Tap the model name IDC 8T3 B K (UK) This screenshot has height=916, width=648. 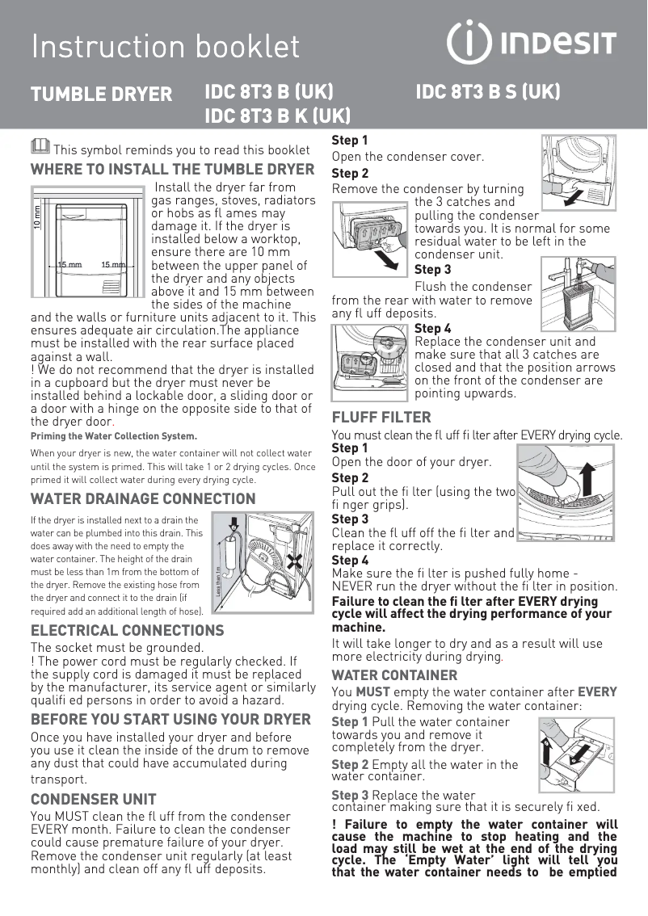point(277,116)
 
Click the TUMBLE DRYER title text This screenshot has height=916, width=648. point(101,94)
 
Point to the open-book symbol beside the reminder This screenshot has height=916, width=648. point(39,146)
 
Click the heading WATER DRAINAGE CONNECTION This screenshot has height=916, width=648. point(143,498)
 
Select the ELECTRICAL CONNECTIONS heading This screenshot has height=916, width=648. point(127,630)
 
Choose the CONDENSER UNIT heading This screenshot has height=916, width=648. point(93,800)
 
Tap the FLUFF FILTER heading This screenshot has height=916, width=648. point(381,418)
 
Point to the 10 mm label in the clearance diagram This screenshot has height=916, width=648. point(37,218)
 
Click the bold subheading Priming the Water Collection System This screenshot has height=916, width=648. point(113,436)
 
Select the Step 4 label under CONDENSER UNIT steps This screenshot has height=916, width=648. point(432,328)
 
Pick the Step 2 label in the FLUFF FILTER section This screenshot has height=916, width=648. point(350,477)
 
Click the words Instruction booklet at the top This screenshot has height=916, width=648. point(166,46)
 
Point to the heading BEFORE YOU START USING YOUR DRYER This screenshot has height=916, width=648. point(170,720)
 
